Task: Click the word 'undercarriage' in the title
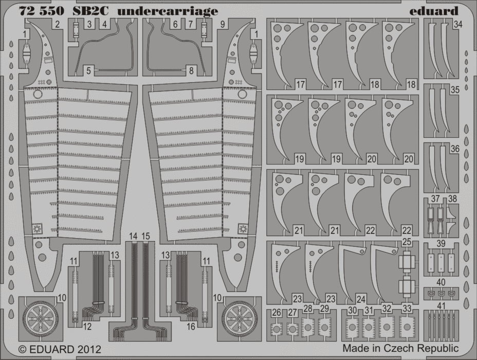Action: coord(168,11)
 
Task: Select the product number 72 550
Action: coord(42,11)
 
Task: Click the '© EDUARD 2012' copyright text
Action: coord(60,349)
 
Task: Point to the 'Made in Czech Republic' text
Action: coord(400,348)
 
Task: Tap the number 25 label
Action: coord(407,242)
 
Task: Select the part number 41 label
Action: coord(441,305)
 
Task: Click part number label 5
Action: coord(88,71)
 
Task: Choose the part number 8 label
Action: coord(191,71)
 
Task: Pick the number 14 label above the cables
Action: coord(133,236)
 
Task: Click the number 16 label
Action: coord(191,327)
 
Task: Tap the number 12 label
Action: coord(87,327)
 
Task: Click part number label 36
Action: coord(455,149)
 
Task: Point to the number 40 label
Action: coord(441,283)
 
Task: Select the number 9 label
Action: coord(223,24)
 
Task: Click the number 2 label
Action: coord(57,24)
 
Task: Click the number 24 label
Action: coord(361,299)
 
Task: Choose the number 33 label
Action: coord(407,308)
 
